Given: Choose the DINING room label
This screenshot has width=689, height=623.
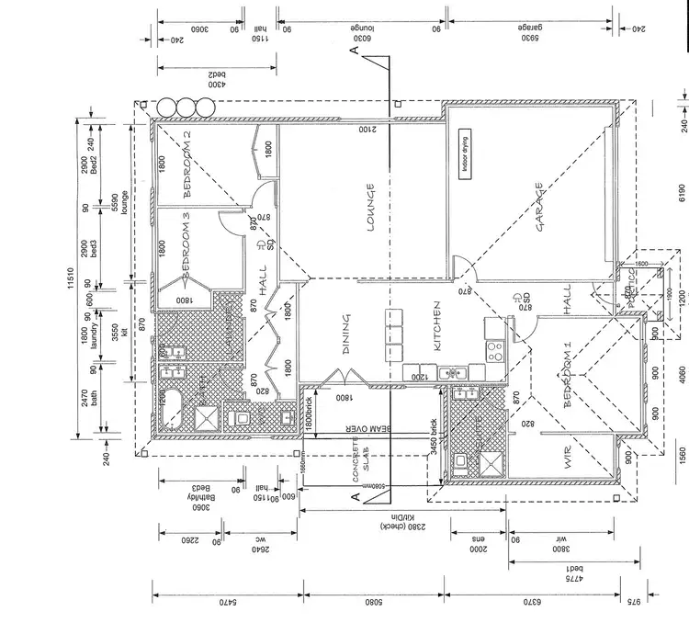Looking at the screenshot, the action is pos(346,334).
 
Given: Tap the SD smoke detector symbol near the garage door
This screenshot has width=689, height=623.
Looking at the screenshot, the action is pos(527,300).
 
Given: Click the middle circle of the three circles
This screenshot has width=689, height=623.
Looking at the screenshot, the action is pos(186,107).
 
